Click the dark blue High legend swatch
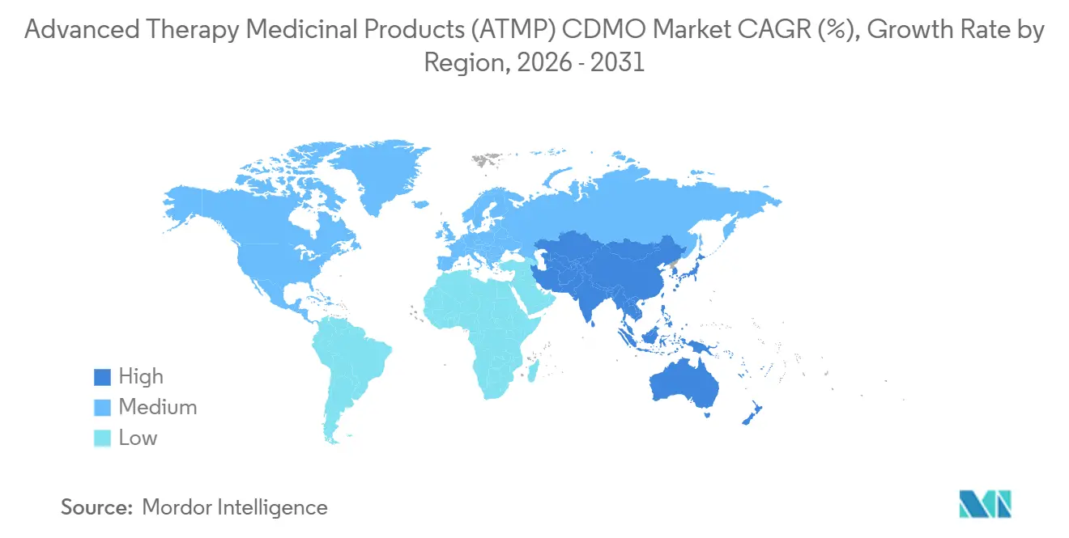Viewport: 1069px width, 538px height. [x=101, y=377]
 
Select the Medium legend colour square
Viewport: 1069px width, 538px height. [x=101, y=408]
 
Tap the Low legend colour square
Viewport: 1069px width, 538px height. [x=101, y=438]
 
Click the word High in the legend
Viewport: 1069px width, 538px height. [x=141, y=377]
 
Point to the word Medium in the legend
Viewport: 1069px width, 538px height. [x=157, y=408]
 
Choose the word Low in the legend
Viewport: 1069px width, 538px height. [x=138, y=438]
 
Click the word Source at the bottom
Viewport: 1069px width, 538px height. [x=96, y=507]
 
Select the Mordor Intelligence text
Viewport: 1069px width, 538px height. [x=235, y=507]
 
